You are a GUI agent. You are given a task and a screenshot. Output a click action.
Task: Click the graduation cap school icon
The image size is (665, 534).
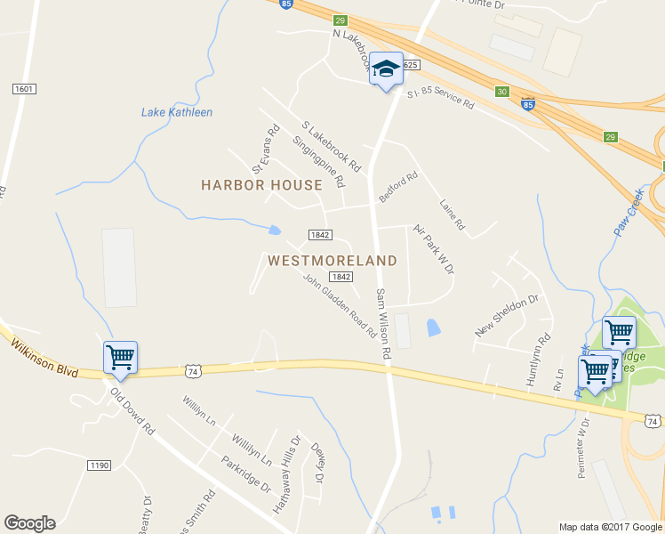point(386,69)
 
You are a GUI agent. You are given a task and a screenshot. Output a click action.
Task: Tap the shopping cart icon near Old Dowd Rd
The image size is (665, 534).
point(120,358)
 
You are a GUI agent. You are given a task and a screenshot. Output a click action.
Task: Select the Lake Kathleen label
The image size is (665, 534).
point(177,112)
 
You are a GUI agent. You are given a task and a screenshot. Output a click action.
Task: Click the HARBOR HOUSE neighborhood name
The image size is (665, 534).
point(261,185)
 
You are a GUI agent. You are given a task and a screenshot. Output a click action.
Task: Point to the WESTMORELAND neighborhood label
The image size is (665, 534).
point(332,261)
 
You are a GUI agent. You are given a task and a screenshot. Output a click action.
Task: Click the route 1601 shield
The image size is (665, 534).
point(24,88)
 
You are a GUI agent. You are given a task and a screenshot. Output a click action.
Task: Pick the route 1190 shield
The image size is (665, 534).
point(100,465)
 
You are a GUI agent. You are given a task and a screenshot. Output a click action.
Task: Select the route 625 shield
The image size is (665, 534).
point(410,65)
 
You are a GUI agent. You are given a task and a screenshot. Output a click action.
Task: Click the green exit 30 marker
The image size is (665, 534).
point(502,91)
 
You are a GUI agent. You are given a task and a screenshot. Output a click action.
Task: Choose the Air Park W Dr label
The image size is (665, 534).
point(434,248)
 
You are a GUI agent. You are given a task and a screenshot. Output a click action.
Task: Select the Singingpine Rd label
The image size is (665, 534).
point(317,161)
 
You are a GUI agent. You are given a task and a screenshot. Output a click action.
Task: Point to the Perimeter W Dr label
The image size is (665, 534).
point(583,448)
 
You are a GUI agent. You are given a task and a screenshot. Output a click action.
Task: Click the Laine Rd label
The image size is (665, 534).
point(453,214)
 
